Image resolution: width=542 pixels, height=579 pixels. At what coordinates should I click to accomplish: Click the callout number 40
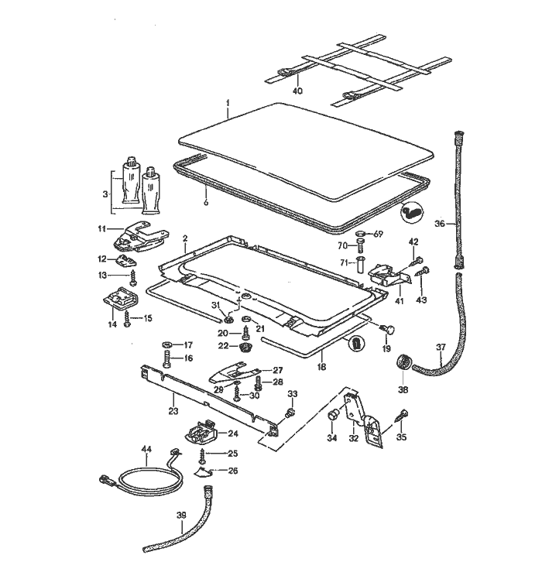pos(297,91)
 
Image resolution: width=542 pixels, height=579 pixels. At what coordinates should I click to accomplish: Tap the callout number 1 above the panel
pos(228,103)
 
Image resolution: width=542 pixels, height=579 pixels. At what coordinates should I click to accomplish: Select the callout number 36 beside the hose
pos(440,224)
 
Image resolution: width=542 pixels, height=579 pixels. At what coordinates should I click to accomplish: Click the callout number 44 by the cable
pos(146,449)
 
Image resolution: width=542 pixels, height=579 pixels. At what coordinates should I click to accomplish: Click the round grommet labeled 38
pos(403,361)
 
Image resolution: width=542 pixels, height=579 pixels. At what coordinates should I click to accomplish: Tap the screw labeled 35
pos(403,419)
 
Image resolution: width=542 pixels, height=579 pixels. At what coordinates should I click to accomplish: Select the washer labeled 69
pos(361,233)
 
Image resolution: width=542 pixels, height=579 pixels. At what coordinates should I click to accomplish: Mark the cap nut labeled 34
pos(334,417)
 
